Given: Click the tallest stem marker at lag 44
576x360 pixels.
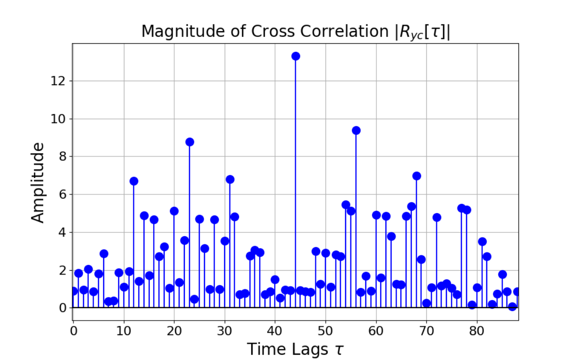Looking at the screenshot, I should pos(296,56).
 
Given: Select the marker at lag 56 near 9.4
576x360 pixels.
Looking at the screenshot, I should pos(356,130).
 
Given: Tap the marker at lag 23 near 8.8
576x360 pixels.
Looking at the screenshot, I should pos(190,142).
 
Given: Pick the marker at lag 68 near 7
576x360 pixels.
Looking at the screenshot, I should pos(417,176).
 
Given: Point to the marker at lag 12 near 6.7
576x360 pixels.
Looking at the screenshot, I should pos(134,181).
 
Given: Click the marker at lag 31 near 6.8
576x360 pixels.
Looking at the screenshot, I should pos(230,180).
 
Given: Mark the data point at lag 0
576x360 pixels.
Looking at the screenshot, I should pos(73,291).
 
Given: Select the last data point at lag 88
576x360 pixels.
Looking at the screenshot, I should pos(517,291).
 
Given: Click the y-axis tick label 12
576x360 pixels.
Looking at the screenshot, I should pos(58,81).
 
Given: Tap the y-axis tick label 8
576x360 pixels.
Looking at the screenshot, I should pos(62,156).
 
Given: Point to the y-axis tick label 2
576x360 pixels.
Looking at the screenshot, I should pos(62,270).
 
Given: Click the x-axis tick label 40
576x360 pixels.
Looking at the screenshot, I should pos(275,331).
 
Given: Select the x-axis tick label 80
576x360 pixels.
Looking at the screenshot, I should pos(477,331).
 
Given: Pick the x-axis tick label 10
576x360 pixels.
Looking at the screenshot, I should pos(124,331).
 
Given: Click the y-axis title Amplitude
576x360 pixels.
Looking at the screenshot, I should pos(37,182).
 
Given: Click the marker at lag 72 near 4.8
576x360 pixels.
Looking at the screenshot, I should pos(437,217).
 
